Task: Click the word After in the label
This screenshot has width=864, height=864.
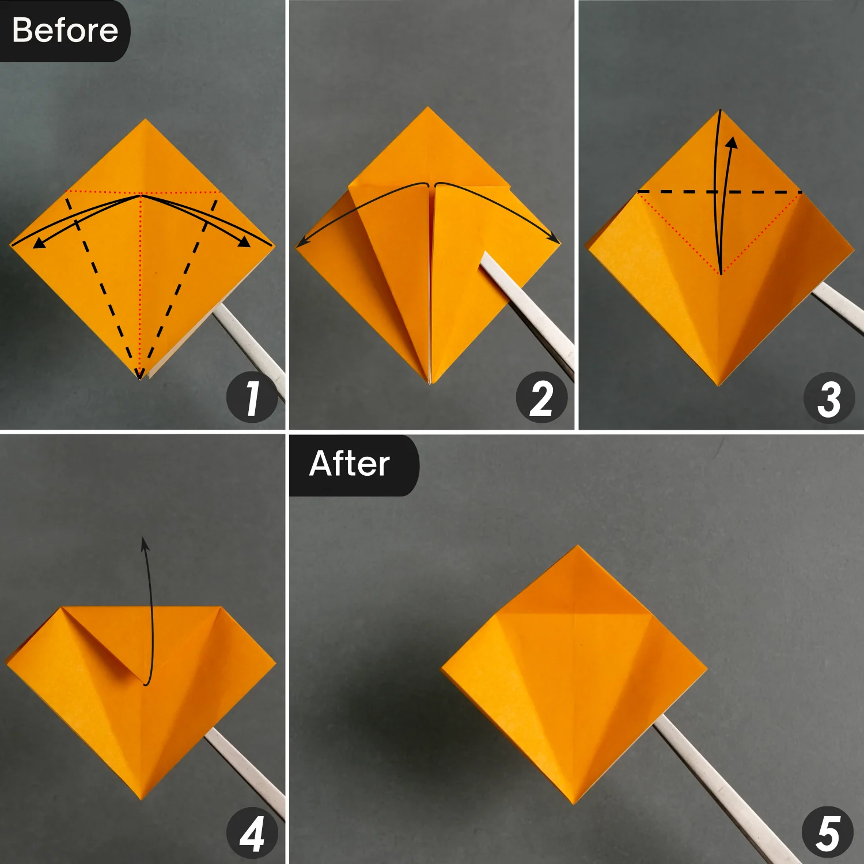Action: (349, 464)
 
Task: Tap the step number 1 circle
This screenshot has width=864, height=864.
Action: (252, 397)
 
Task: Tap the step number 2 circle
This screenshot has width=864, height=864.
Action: (541, 397)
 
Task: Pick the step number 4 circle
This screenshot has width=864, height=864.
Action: (252, 833)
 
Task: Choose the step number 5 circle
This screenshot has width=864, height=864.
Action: (828, 832)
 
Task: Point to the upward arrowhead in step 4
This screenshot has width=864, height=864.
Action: (145, 543)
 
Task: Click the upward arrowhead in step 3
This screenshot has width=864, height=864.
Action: (732, 142)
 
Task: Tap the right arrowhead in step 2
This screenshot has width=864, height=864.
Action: (554, 238)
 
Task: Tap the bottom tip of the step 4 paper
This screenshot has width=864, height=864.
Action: (141, 798)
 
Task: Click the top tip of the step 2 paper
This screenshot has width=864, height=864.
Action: (428, 108)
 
